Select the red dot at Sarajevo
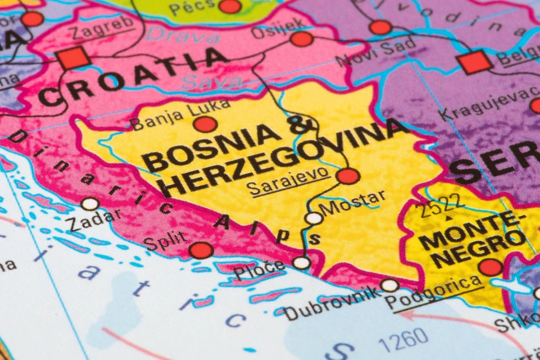click(x=348, y=176)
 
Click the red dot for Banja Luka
click(x=205, y=124)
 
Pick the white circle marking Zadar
click(x=90, y=203)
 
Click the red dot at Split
click(x=201, y=250)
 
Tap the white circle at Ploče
click(x=302, y=263)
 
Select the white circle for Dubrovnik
click(x=390, y=286)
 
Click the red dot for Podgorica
click(x=490, y=267)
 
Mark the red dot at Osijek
click(x=301, y=39)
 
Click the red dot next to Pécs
click(x=230, y=6)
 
